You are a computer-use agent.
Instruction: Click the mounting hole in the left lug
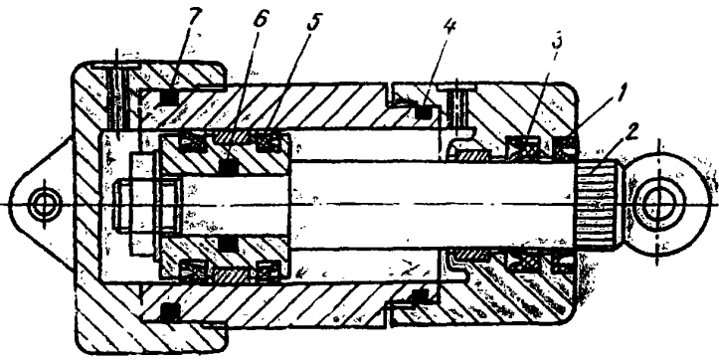(45, 203)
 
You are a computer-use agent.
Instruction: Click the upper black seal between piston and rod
(229, 166)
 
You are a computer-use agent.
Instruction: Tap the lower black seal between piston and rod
(229, 243)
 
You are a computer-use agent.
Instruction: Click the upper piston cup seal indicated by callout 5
(267, 143)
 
